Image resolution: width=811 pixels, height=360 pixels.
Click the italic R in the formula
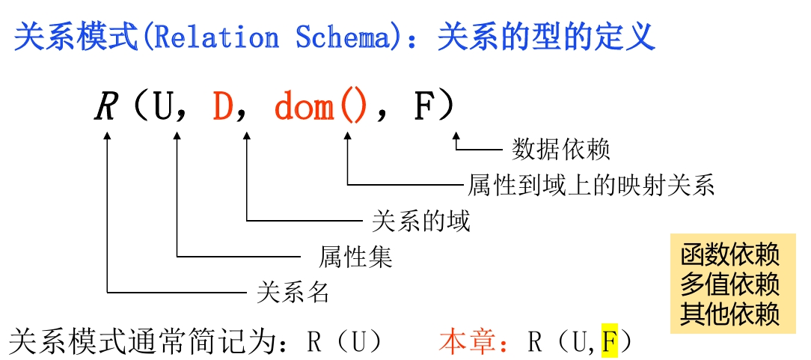(107, 107)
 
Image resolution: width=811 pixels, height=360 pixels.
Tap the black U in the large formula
(163, 107)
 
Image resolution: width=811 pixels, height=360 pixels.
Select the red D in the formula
(223, 107)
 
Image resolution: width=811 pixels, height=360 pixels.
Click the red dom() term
(321, 107)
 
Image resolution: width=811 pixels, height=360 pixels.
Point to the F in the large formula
(423, 107)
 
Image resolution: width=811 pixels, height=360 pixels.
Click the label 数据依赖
(561, 150)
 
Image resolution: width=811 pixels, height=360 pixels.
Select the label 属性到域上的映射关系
(591, 184)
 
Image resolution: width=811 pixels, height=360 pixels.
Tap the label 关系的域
(420, 221)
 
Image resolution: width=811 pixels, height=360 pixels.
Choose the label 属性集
(356, 257)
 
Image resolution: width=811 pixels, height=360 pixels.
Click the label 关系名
(293, 292)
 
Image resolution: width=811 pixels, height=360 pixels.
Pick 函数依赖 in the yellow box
(730, 254)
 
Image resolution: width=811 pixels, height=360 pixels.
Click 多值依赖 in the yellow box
(730, 284)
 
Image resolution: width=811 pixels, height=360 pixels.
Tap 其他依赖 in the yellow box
(730, 313)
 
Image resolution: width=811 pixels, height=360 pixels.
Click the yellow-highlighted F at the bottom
(609, 342)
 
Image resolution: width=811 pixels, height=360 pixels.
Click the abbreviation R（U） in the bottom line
(345, 342)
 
